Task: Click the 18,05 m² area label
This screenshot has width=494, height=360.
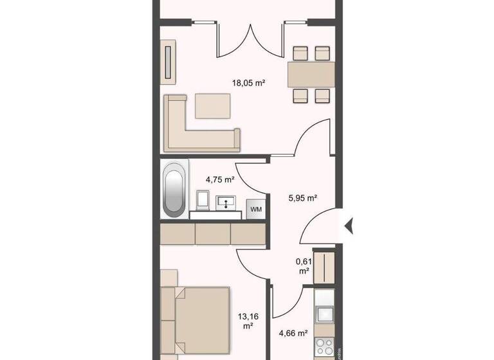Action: pos(249,83)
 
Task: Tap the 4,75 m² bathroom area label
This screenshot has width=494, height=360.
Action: pos(219,180)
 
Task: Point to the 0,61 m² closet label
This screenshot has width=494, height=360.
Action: pos(302,265)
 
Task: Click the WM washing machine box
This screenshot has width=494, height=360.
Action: pos(255,210)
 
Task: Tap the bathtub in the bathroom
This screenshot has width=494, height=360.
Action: pos(174,190)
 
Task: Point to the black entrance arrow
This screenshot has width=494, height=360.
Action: pos(351,226)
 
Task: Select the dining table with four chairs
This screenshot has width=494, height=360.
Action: pos(310,75)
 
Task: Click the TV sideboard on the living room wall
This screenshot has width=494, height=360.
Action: pos(169,63)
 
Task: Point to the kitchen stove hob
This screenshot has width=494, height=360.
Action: pos(325,347)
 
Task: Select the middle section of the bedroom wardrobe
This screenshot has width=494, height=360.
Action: pos(212,233)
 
